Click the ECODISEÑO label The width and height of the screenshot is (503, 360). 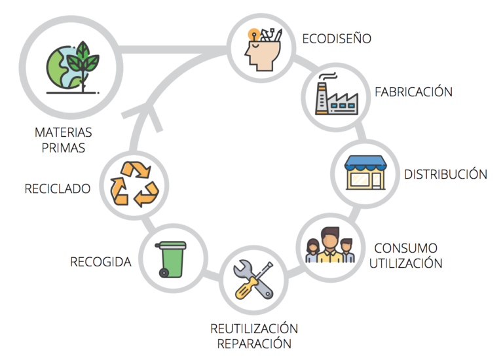click(337, 39)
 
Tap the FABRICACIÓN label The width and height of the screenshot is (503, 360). click(413, 92)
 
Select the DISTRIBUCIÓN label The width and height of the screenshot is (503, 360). click(445, 175)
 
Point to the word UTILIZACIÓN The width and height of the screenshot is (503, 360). click(407, 264)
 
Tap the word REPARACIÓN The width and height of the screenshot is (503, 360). click(254, 344)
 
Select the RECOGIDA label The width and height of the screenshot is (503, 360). click(101, 262)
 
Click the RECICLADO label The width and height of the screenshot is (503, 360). click(57, 189)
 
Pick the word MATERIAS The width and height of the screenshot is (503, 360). click(63, 132)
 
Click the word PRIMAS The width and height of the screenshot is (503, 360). click(63, 148)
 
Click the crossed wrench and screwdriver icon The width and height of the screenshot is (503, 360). click(253, 280)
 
